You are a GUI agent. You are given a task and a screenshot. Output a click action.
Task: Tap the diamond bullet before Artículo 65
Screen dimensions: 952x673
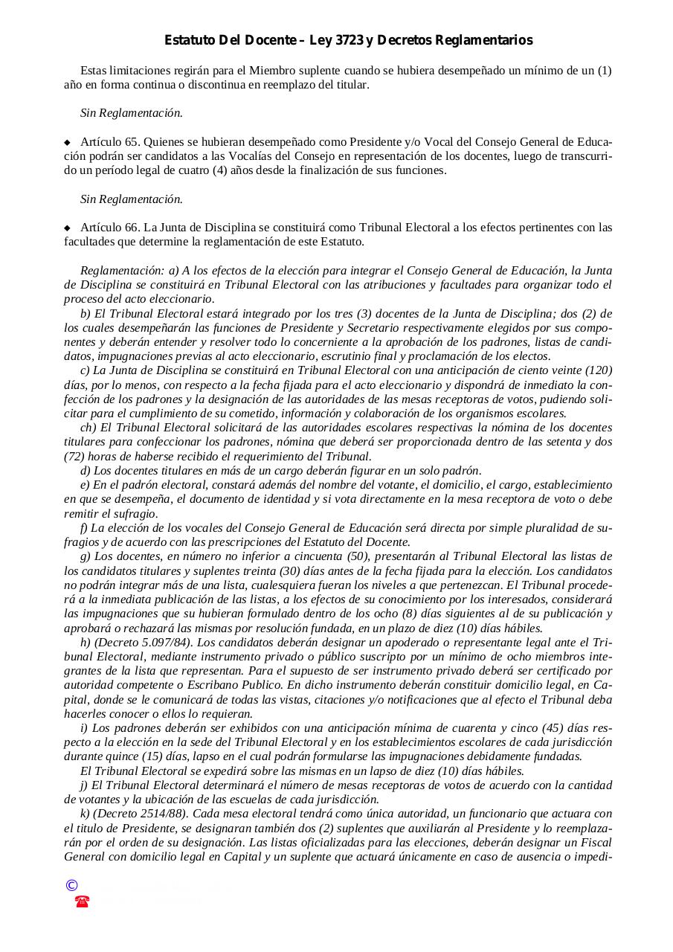67,142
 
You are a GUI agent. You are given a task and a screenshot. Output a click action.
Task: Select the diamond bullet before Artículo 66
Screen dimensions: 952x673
67,228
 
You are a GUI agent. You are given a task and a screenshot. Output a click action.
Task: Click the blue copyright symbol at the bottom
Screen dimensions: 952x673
71,885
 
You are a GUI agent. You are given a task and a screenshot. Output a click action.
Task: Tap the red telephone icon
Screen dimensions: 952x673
82,901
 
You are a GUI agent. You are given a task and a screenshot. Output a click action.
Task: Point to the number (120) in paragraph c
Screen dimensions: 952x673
599,370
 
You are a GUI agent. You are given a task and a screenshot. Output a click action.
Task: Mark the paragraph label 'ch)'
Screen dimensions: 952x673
88,428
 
